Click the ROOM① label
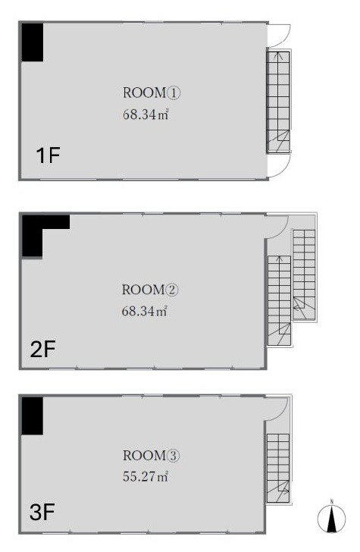click(152, 93)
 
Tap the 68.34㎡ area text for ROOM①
click(146, 114)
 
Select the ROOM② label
click(150, 290)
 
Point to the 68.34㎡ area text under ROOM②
click(144, 311)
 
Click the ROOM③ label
click(152, 456)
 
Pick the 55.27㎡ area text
click(146, 477)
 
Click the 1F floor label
click(49, 155)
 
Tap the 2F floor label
click(43, 350)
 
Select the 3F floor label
click(42, 512)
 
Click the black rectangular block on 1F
click(33, 42)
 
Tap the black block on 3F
click(33, 416)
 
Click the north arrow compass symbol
click(331, 518)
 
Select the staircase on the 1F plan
click(278, 102)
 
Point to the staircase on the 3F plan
click(278, 468)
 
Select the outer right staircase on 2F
click(304, 275)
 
